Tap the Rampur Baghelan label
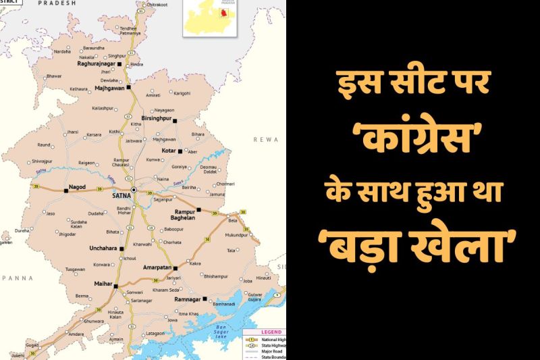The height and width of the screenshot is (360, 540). click(x=180, y=215)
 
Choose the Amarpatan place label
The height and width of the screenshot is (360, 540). click(x=157, y=267)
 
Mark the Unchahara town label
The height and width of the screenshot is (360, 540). click(x=104, y=248)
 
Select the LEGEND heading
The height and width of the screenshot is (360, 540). click(x=271, y=332)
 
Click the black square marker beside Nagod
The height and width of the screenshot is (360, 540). click(x=66, y=191)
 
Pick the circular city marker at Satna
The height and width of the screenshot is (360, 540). click(x=134, y=190)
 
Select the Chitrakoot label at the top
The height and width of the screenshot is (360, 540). click(x=156, y=5)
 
